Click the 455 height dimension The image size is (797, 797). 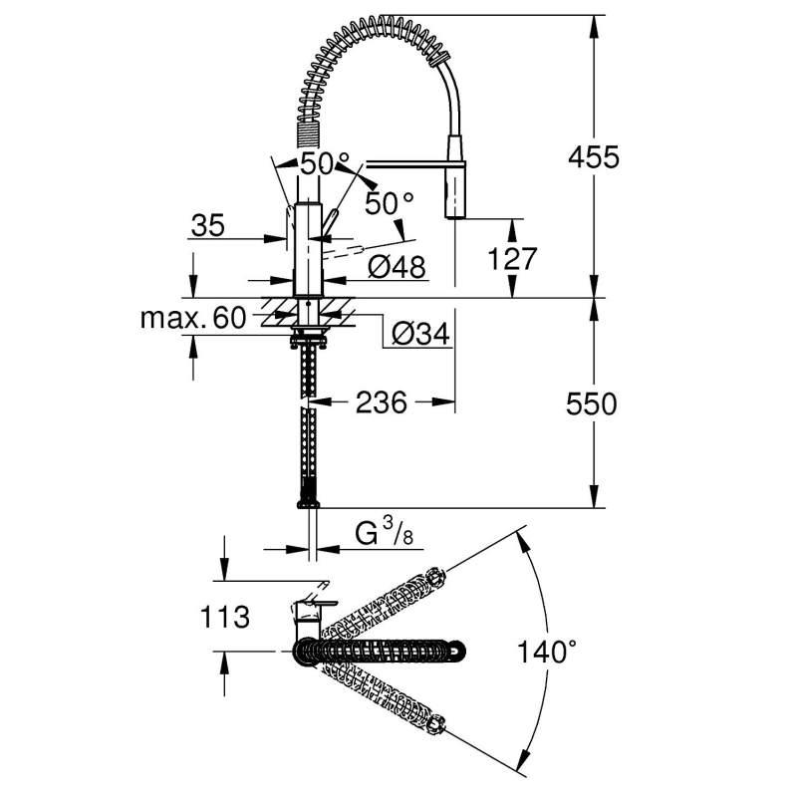pos(594,157)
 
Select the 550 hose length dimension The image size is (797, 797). pos(592,403)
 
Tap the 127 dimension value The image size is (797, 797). pos(513,259)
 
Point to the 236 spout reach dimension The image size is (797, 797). pos(382,402)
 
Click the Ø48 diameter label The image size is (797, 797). pos(397,267)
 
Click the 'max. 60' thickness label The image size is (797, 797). pos(192,319)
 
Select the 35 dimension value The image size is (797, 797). pos(206,225)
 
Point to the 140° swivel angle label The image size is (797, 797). pos(547,654)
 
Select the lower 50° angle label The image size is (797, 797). pos(389,203)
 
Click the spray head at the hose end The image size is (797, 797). pos(454,189)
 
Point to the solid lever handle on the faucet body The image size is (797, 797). pos(331,224)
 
